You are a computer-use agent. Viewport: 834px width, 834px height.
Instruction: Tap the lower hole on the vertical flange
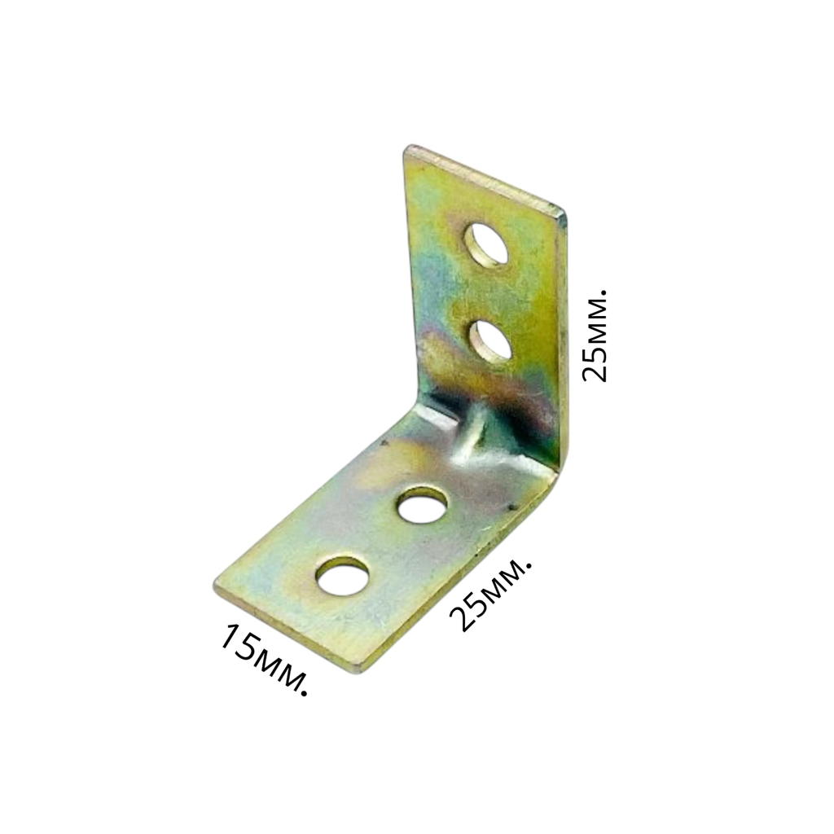tap(489, 341)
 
